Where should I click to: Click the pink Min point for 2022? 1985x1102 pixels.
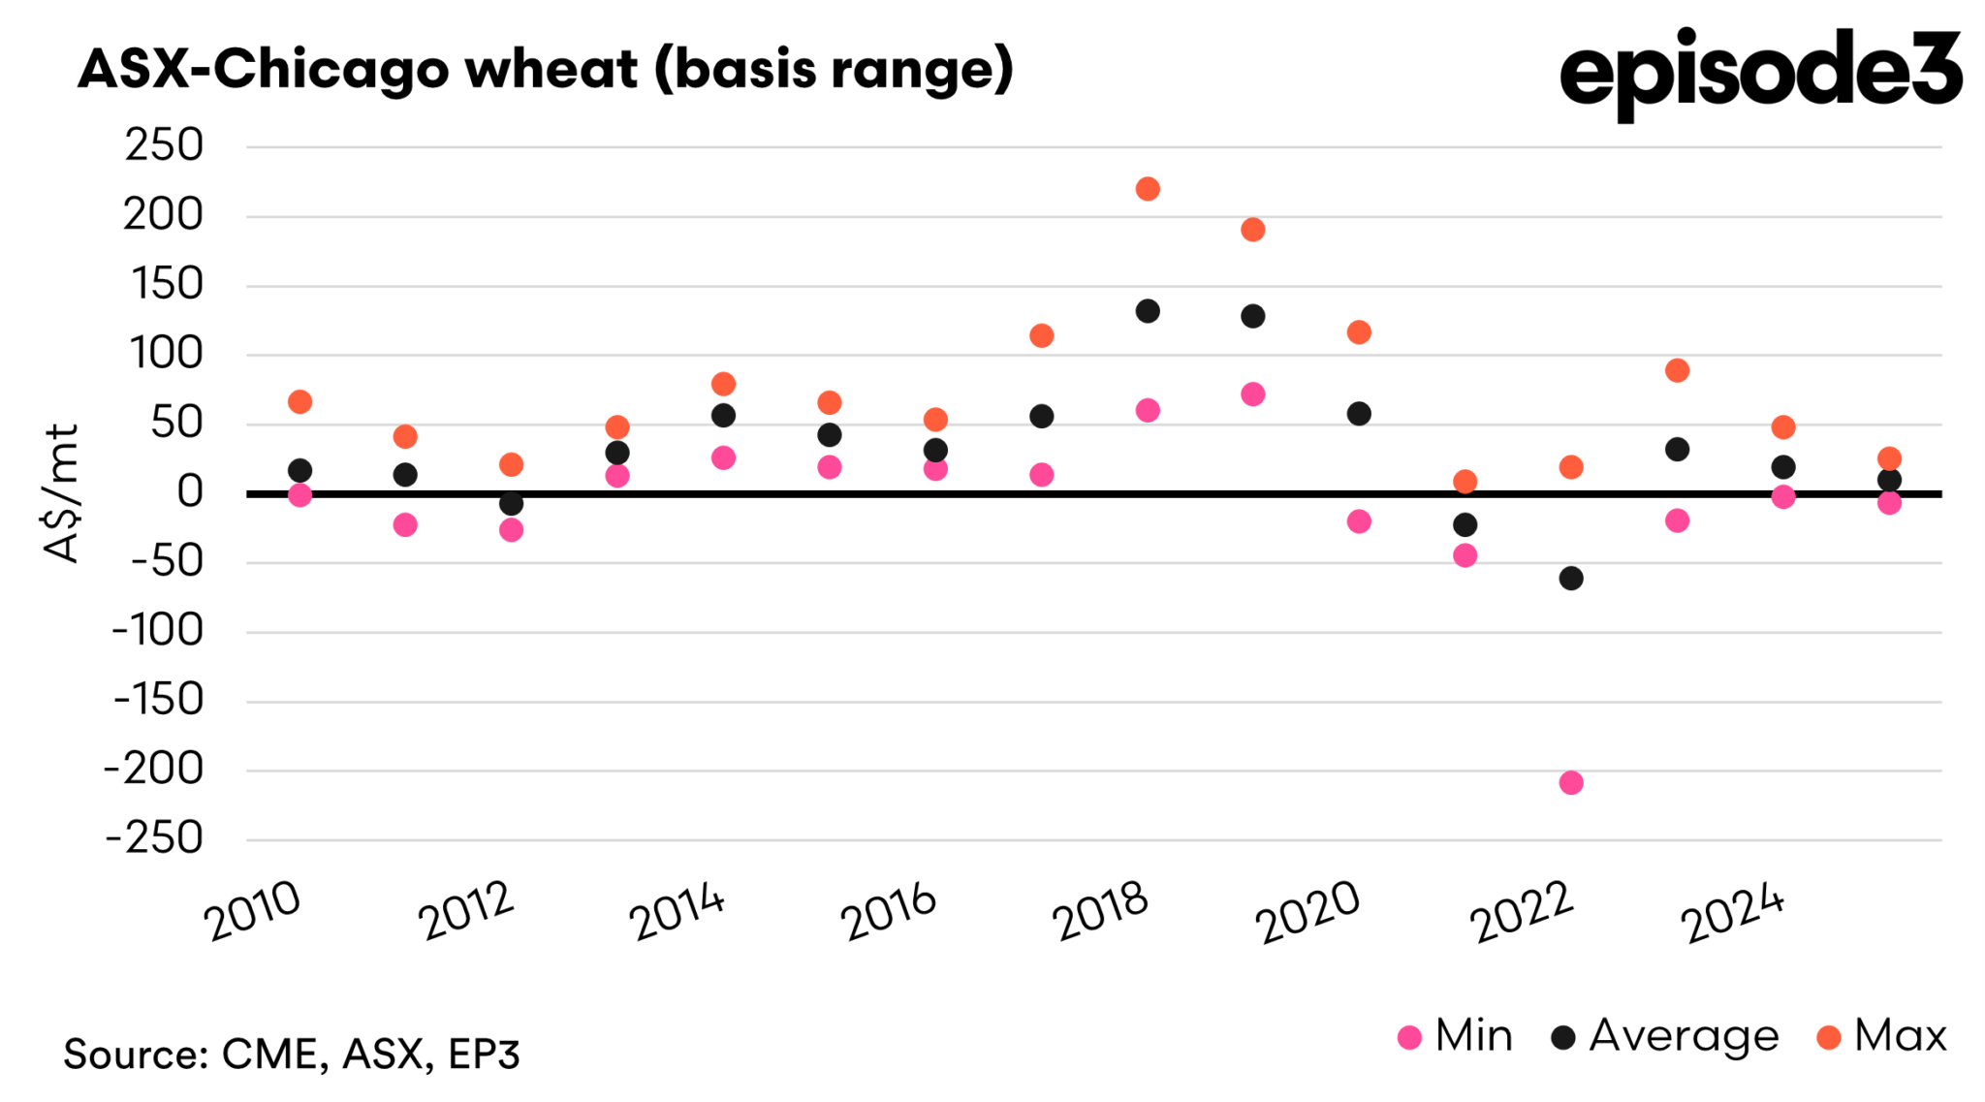(x=1570, y=782)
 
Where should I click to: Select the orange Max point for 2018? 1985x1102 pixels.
(x=1147, y=189)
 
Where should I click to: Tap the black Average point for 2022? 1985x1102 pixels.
(x=1570, y=579)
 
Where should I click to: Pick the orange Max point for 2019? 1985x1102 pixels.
(x=1252, y=230)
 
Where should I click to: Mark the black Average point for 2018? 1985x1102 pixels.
(x=1147, y=311)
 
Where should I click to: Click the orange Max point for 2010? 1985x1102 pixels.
(x=299, y=401)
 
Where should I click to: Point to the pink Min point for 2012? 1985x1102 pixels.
(x=511, y=529)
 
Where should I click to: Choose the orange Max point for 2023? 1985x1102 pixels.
(x=1677, y=370)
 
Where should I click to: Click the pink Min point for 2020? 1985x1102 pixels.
(x=1359, y=521)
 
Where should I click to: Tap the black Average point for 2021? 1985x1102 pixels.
(x=1465, y=524)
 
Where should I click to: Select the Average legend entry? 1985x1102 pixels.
(x=1665, y=1036)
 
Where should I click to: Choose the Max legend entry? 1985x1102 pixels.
(x=1881, y=1036)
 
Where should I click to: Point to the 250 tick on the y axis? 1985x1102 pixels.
(x=165, y=146)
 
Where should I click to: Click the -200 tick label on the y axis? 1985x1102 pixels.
(x=155, y=770)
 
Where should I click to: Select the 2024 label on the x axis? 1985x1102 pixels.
(x=1733, y=912)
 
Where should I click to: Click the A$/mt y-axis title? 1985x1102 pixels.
(x=60, y=493)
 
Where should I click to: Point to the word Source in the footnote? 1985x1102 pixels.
(x=135, y=1054)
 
